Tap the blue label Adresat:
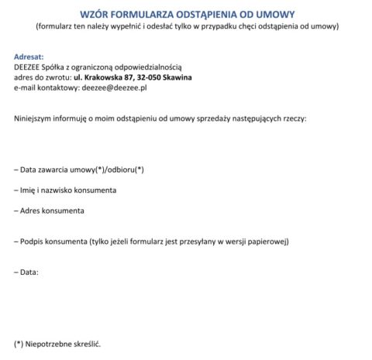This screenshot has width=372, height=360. point(29,57)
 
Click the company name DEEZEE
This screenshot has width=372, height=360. point(29,67)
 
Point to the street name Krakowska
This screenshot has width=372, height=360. point(103,77)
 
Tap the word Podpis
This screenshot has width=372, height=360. point(36,242)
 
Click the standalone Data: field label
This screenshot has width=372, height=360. point(28,272)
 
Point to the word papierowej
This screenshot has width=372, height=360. point(267,242)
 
